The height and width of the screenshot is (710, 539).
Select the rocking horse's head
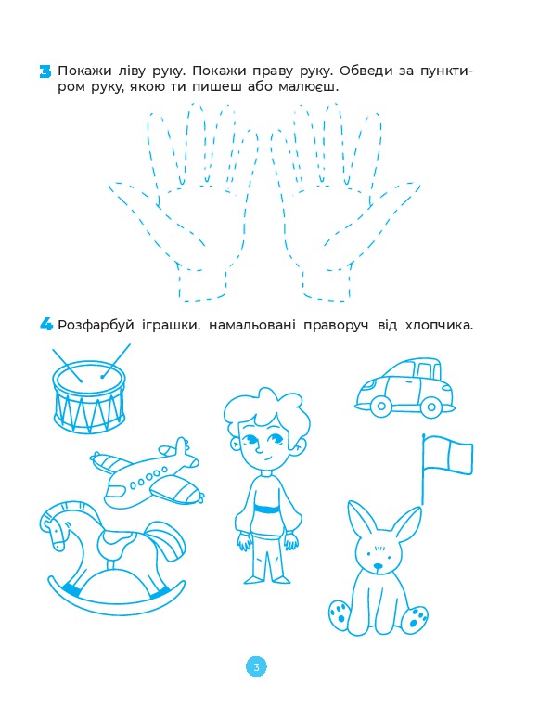click(x=57, y=525)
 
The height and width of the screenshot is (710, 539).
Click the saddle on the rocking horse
click(x=118, y=540)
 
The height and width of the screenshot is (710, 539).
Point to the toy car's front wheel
click(x=380, y=407)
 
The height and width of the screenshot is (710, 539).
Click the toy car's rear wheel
click(x=430, y=407)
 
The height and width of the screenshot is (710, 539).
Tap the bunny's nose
click(x=377, y=566)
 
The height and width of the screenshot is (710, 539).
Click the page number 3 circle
click(x=256, y=667)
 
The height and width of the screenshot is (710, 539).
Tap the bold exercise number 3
click(x=45, y=71)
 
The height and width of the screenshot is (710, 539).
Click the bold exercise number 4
click(x=45, y=324)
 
